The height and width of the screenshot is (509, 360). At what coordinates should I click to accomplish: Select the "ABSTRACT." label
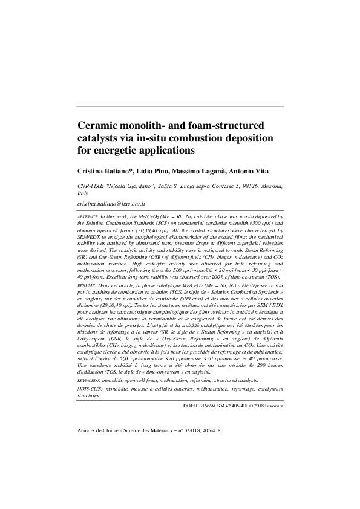[90, 216]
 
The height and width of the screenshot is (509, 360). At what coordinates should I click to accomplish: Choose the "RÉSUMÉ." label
[88, 283]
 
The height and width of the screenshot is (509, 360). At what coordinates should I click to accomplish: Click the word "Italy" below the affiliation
[85, 195]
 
